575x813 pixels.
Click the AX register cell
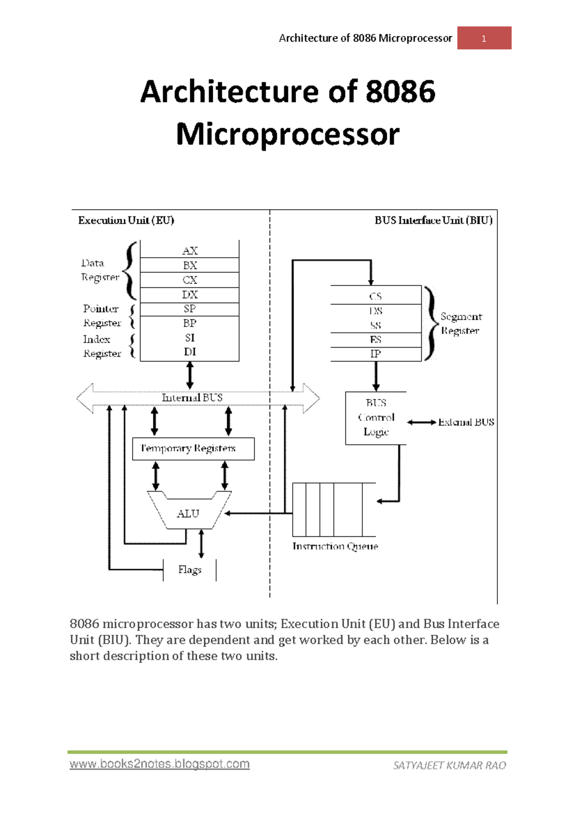point(190,250)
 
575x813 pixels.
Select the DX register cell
point(190,294)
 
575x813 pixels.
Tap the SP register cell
point(190,309)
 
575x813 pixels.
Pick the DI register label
point(190,352)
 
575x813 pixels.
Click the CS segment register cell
point(376,296)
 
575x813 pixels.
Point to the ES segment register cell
point(376,339)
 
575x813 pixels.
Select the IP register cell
point(376,354)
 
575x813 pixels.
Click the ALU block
point(188,513)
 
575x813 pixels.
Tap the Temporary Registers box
point(193,449)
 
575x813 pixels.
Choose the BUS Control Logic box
point(376,418)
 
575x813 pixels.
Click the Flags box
point(190,570)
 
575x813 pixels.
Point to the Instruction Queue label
point(335,546)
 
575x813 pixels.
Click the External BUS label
point(466,422)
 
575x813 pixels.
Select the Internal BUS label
point(192,397)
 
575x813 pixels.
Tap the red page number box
point(484,38)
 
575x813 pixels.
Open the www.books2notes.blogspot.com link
point(160,764)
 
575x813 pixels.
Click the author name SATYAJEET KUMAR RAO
point(449,766)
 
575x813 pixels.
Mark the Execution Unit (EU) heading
point(126,220)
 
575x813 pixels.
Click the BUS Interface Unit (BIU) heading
point(433,220)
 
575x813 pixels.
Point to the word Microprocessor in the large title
point(287,134)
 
